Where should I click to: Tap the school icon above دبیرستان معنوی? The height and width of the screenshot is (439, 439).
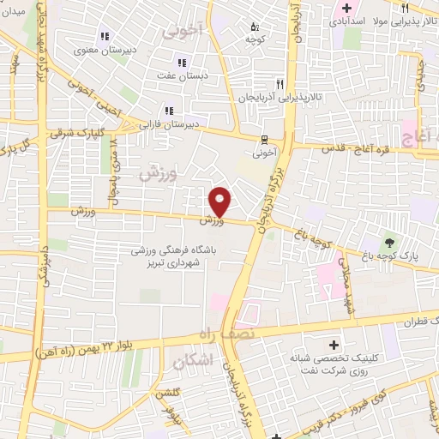click(105, 36)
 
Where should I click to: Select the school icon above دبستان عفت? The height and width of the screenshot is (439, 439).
click(181, 62)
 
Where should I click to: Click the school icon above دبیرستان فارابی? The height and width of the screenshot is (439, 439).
click(168, 111)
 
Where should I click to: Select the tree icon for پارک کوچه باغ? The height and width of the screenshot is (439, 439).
click(390, 241)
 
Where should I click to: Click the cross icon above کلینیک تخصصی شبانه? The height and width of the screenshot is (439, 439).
click(346, 345)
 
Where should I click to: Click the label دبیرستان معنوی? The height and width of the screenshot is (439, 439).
click(104, 51)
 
